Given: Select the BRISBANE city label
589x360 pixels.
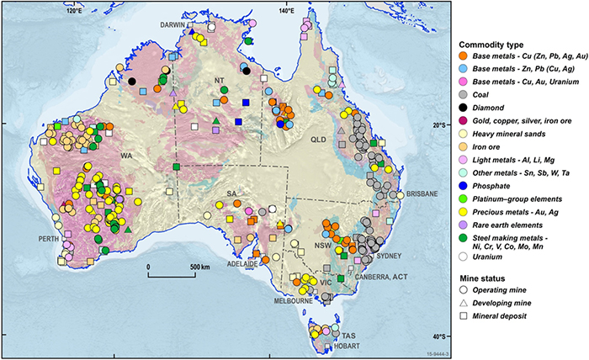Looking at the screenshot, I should [416, 194].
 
